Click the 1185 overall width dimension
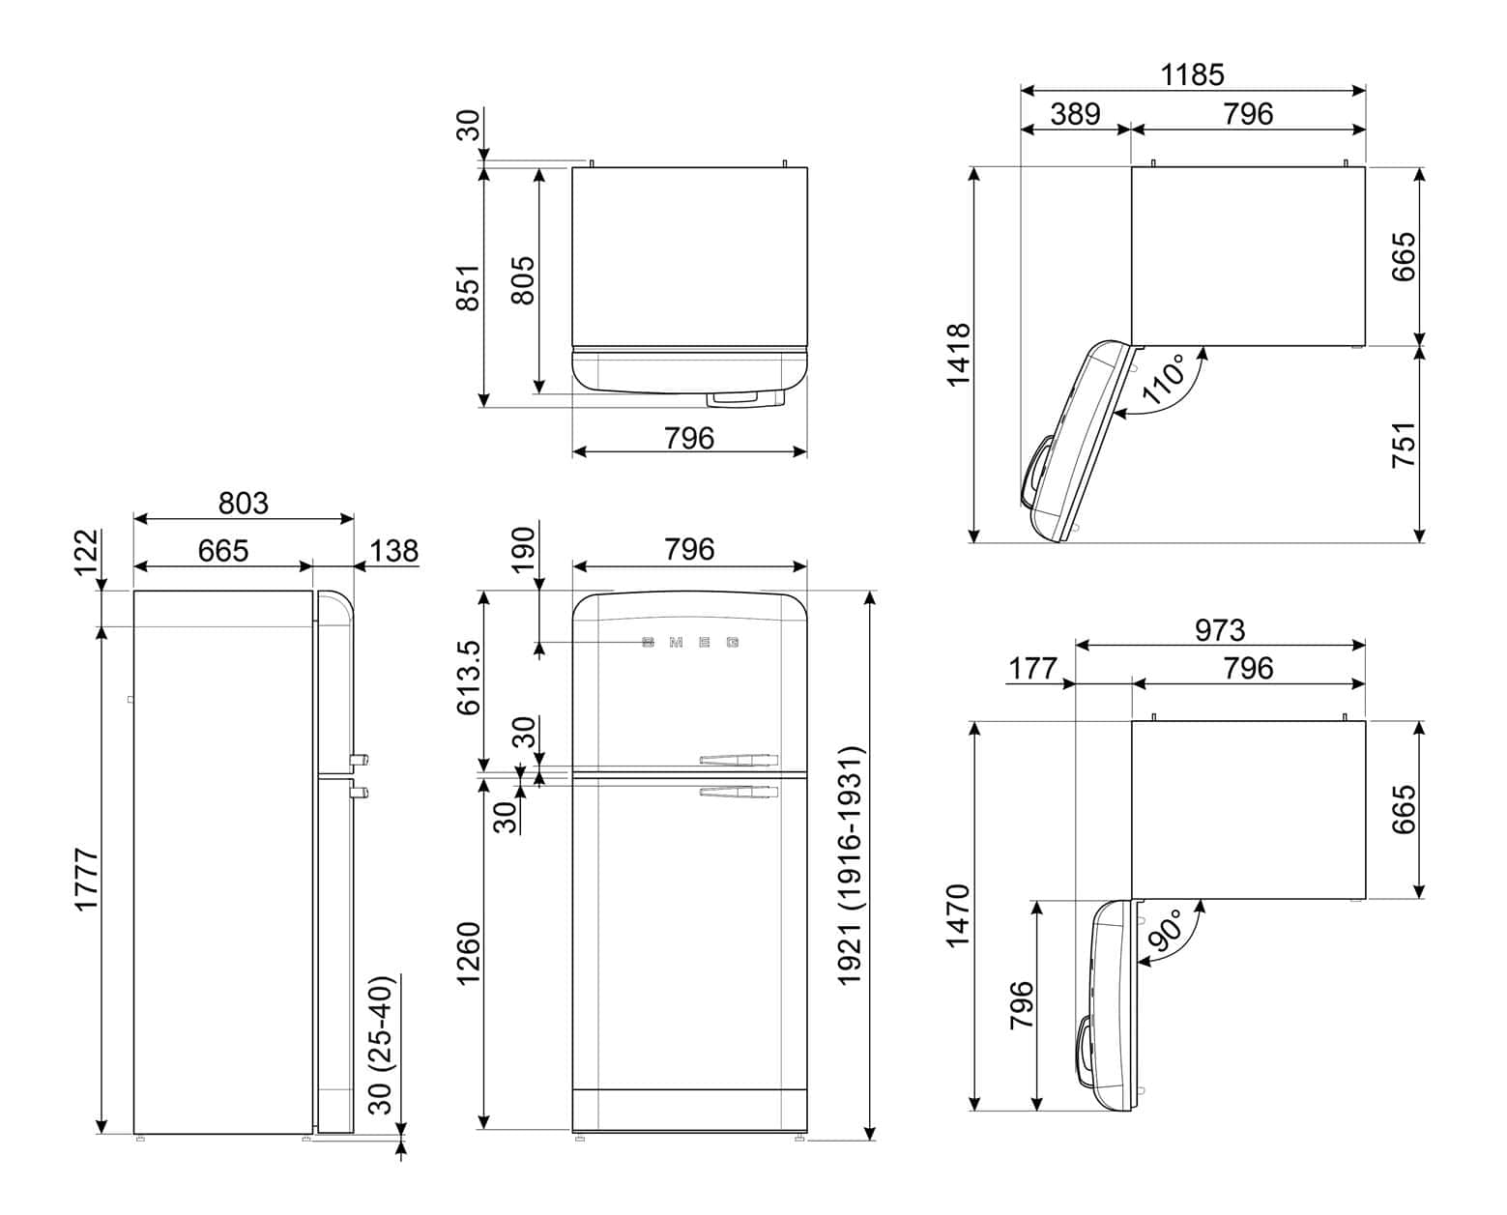click(x=1193, y=74)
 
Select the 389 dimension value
click(x=1075, y=114)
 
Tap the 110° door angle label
click(x=1164, y=379)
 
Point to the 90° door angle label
click(x=1164, y=930)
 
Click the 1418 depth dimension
click(x=957, y=355)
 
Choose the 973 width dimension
click(x=1219, y=630)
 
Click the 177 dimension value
click(x=1033, y=668)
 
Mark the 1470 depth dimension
click(x=957, y=915)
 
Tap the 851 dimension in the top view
click(x=468, y=287)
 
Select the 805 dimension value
click(x=522, y=280)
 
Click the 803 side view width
click(x=243, y=503)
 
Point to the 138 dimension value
click(x=394, y=550)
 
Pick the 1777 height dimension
click(x=87, y=879)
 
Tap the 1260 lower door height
click(x=468, y=954)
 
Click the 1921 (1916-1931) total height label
click(x=850, y=865)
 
